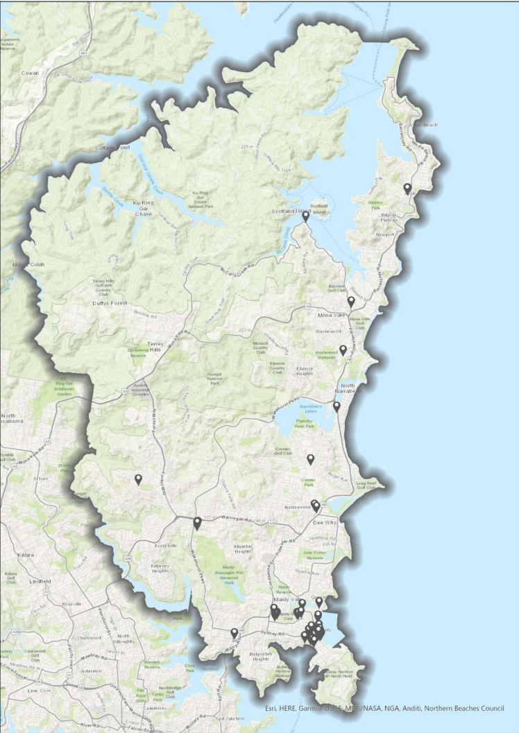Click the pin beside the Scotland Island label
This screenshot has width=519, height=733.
pyautogui.click(x=305, y=216)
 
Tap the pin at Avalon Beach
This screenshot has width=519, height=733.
pyautogui.click(x=407, y=188)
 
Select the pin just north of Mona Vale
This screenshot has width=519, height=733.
pyautogui.click(x=351, y=301)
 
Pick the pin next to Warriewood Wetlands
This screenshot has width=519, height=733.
pyautogui.click(x=343, y=350)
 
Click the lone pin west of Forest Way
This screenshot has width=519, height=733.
pyautogui.click(x=138, y=478)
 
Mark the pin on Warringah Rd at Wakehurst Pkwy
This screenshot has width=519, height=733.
pyautogui.click(x=197, y=522)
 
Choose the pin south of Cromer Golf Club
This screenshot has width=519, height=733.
pyautogui.click(x=311, y=458)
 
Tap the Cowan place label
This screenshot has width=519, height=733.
pyautogui.click(x=31, y=73)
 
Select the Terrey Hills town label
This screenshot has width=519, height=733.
pyautogui.click(x=164, y=345)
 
